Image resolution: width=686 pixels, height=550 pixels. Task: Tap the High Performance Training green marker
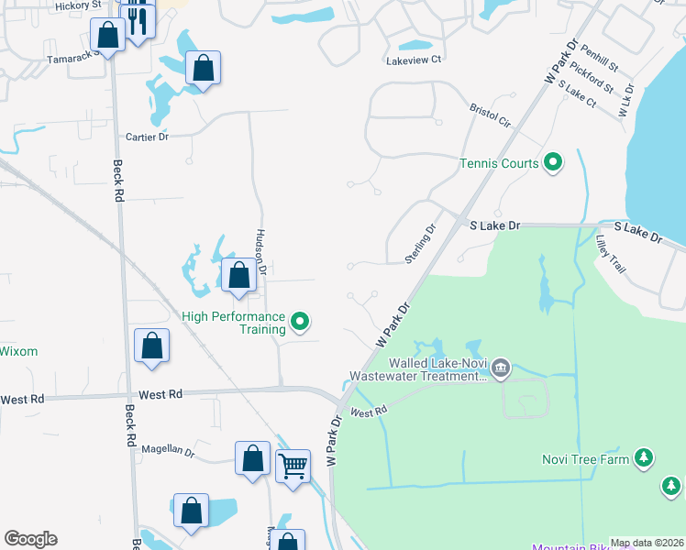pos(299,322)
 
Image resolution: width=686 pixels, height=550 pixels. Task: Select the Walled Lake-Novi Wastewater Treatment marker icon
pos(500,368)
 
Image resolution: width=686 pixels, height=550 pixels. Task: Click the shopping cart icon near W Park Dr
pos(293,465)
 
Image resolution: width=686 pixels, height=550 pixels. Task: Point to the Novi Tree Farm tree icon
pos(644,457)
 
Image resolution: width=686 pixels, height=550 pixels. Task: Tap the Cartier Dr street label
pos(147,137)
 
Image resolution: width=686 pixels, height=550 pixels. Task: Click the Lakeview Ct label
pos(413,60)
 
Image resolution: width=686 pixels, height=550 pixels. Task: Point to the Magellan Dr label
pos(168,451)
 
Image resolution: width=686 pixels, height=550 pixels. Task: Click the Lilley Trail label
pos(611,254)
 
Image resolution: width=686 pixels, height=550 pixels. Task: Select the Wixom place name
pos(18,351)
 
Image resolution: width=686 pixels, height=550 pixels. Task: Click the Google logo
pos(30,539)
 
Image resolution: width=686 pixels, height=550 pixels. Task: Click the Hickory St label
pos(77,5)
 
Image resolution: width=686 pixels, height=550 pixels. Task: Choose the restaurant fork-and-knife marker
pos(138,19)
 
